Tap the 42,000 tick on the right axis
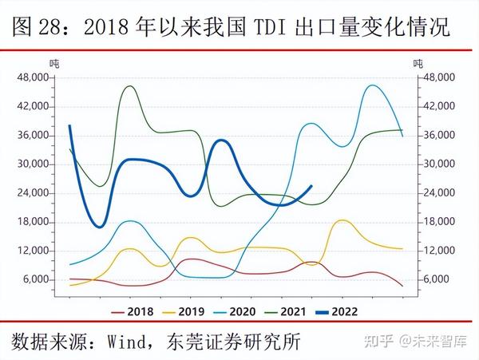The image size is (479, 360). click(439, 106)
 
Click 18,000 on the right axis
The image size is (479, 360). click(439, 222)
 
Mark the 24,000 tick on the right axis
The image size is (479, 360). click(439, 193)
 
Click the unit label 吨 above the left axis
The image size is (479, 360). click(54, 63)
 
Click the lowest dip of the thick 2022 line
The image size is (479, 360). click(99, 227)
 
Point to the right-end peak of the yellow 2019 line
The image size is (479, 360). click(342, 220)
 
